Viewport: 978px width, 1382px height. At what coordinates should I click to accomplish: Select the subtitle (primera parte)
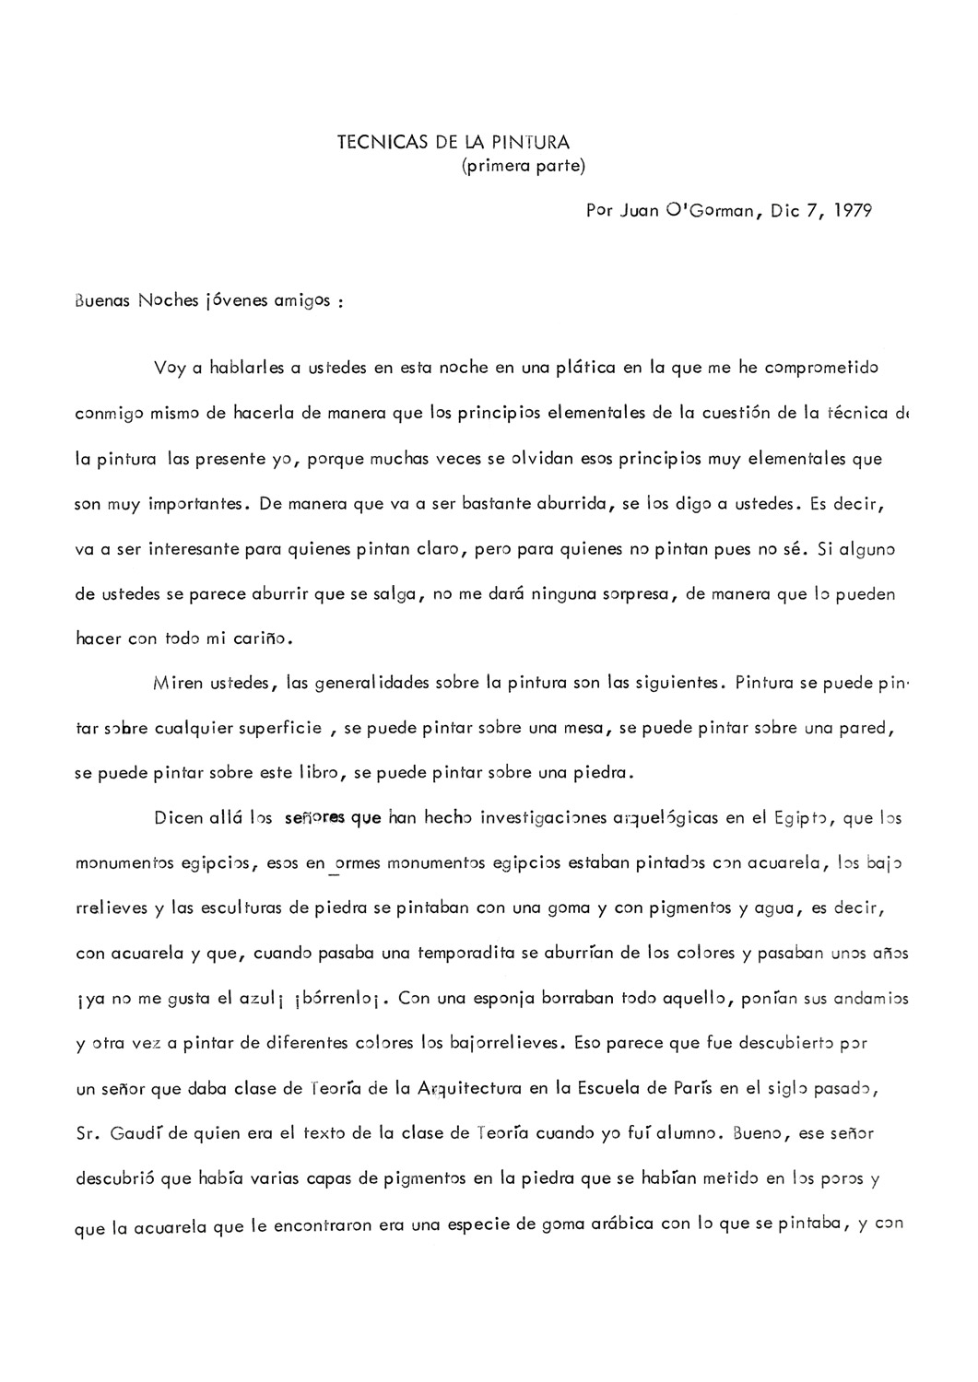pyautogui.click(x=523, y=166)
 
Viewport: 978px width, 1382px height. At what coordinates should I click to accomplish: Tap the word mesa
pyautogui.click(x=582, y=729)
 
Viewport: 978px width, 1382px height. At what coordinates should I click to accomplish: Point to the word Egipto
pyautogui.click(x=803, y=818)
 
